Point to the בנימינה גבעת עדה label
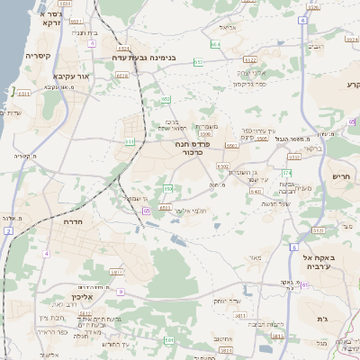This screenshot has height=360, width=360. [x=149, y=58]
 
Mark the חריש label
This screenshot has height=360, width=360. [x=340, y=176]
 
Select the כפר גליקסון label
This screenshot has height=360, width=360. [x=246, y=84]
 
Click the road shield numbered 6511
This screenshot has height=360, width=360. [x=24, y=92]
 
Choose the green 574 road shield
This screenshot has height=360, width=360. [x=287, y=171]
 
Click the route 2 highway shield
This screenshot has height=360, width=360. [x=8, y=231]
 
